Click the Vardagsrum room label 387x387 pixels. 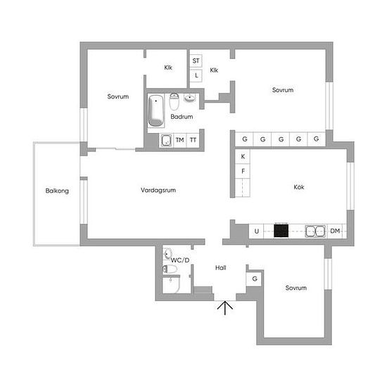(x=158, y=190)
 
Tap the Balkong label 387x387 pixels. (x=57, y=191)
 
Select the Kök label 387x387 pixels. (x=299, y=187)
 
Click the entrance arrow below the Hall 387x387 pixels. (x=225, y=307)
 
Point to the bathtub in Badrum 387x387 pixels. (x=156, y=110)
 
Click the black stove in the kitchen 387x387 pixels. (x=281, y=231)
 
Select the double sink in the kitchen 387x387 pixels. (x=315, y=231)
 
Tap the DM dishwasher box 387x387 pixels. (x=335, y=231)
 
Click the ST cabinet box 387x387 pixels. (x=196, y=61)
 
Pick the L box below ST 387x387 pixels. (x=196, y=75)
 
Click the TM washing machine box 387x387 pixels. (x=180, y=140)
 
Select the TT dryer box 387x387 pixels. (x=193, y=140)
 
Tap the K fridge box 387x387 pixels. (x=243, y=156)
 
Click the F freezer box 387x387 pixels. (x=243, y=171)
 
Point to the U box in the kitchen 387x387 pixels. (x=256, y=231)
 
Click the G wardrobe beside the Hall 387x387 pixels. (x=254, y=279)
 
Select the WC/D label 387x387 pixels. (x=180, y=260)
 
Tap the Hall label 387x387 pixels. (x=221, y=268)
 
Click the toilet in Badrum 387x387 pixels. (x=174, y=101)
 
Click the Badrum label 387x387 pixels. (x=182, y=117)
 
